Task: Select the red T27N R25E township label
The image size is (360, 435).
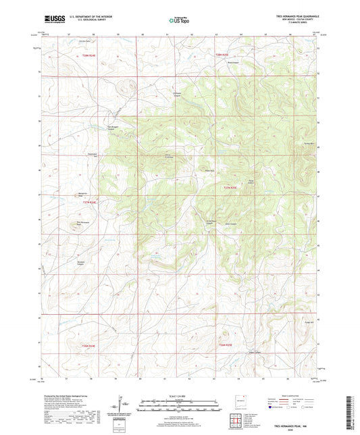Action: (231, 187)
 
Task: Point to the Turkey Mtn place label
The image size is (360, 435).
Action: (310, 144)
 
